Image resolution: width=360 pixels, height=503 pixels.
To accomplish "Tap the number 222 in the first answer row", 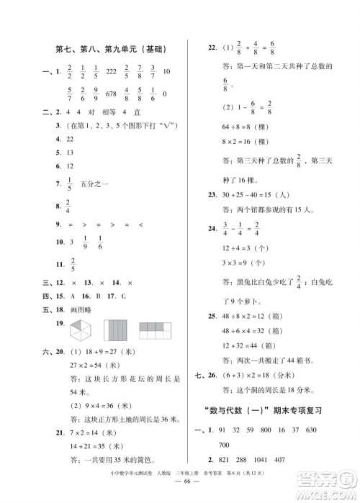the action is tap(110, 72).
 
